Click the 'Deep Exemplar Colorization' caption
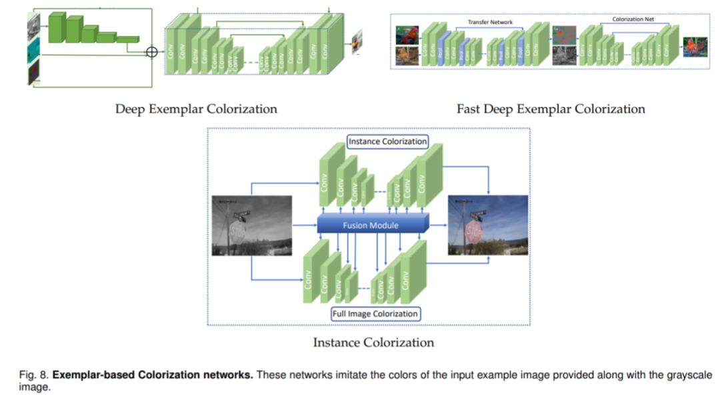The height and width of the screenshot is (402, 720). (196, 109)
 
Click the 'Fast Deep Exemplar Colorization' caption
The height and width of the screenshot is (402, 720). (551, 109)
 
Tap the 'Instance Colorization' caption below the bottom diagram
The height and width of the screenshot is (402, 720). (373, 343)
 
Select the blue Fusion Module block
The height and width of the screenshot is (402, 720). (371, 225)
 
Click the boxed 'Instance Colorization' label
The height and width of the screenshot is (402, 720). (387, 141)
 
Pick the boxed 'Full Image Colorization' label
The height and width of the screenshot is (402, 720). (375, 313)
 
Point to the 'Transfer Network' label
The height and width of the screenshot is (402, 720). (490, 22)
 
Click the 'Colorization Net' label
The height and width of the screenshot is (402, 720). (633, 19)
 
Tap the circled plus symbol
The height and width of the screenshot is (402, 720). (152, 52)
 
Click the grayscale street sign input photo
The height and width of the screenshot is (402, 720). (252, 225)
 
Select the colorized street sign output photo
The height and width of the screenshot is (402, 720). (488, 225)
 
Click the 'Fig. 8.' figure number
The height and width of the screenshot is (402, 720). (32, 375)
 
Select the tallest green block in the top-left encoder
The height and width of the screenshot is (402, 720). (56, 27)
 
